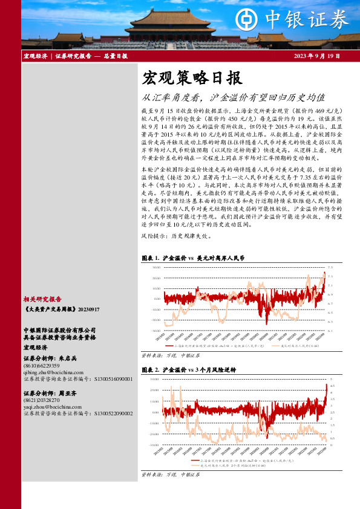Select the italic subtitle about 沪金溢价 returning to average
[233, 97]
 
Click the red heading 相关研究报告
[42, 299]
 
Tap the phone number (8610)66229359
[42, 366]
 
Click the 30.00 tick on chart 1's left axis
[156, 267]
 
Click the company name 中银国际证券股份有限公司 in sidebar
[60, 330]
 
